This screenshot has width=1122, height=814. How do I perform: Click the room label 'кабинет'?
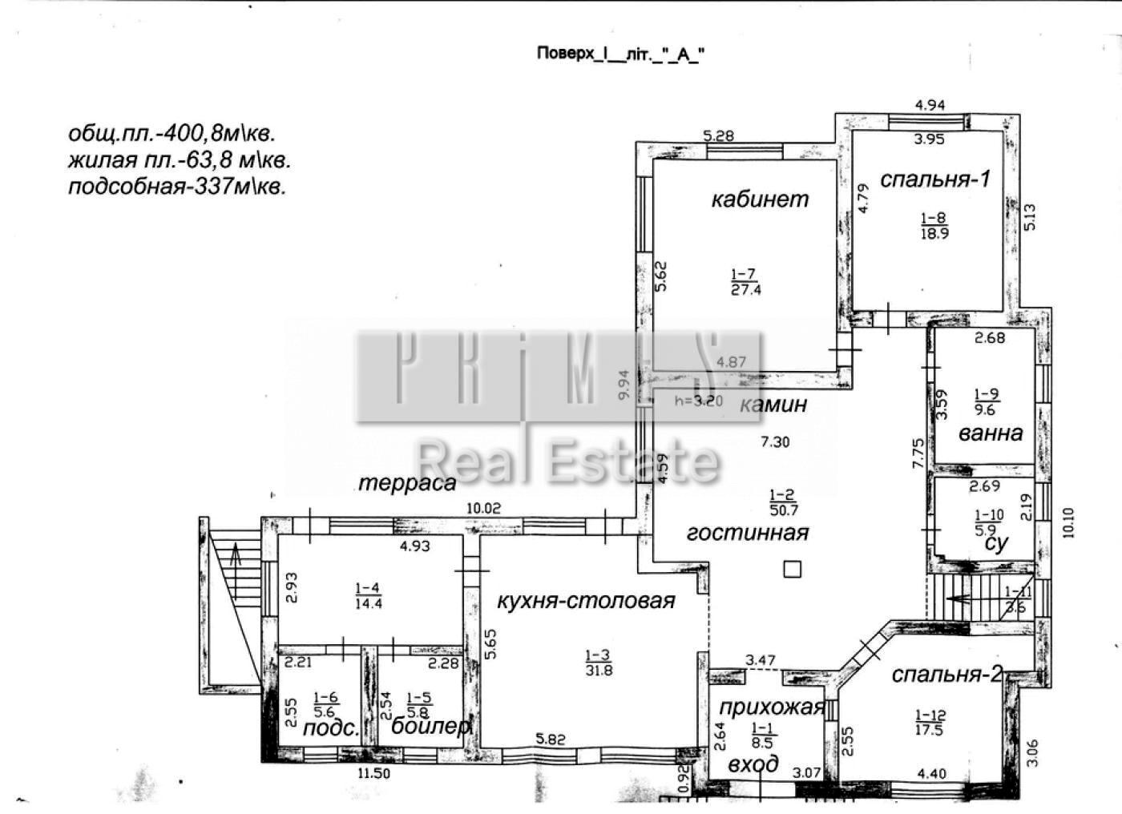point(760,199)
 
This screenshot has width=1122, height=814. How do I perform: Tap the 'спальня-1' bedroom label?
point(934,179)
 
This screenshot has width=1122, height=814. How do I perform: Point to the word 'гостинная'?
point(748,532)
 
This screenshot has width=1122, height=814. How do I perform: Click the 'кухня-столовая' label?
point(586,601)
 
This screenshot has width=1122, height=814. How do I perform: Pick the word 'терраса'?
point(407,483)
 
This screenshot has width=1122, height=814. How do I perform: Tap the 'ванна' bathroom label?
point(991,433)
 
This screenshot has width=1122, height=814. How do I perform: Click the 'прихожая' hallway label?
point(771,707)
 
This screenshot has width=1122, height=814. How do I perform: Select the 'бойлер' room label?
point(430,727)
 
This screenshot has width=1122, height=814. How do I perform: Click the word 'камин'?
point(773,405)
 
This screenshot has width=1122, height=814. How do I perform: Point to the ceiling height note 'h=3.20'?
point(699,401)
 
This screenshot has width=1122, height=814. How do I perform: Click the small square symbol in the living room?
point(792,569)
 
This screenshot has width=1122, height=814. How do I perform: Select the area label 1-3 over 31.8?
point(599,663)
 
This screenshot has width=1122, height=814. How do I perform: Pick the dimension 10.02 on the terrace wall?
point(483,507)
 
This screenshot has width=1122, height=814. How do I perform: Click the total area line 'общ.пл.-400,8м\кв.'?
point(176,133)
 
